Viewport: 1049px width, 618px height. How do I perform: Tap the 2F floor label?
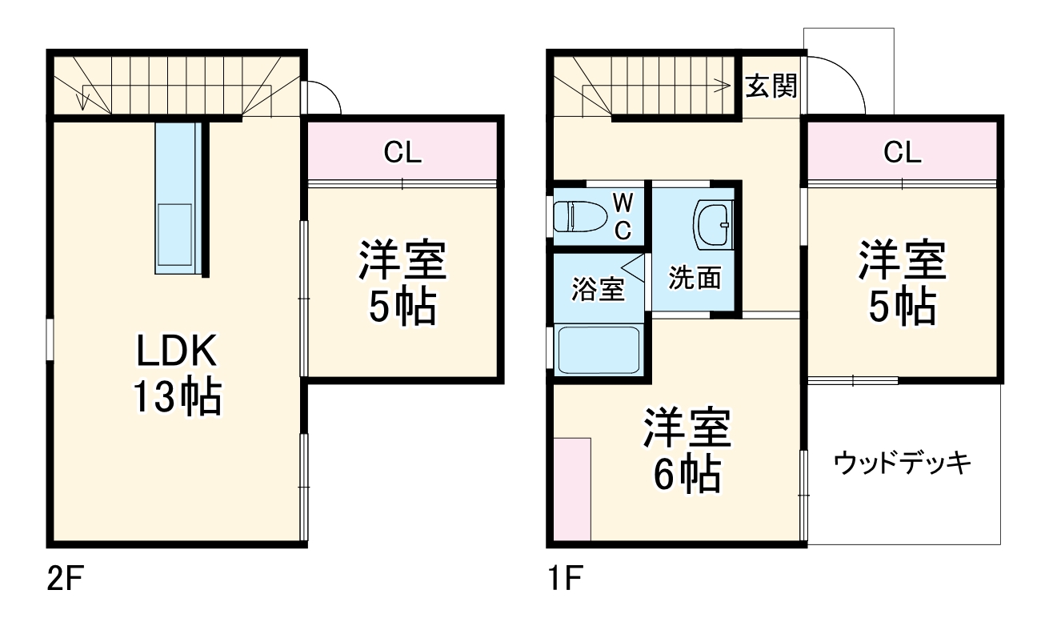(x=65, y=578)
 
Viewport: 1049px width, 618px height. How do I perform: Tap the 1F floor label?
(x=563, y=578)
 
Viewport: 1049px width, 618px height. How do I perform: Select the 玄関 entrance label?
(x=771, y=86)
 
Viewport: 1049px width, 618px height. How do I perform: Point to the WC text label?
(x=623, y=215)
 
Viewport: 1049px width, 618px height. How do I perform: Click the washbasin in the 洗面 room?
(x=712, y=224)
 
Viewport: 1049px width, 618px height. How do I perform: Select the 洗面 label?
(x=695, y=278)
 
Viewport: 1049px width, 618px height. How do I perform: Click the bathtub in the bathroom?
(x=599, y=349)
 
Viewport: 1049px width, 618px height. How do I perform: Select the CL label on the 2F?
(x=402, y=152)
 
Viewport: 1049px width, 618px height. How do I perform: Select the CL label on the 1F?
(x=902, y=152)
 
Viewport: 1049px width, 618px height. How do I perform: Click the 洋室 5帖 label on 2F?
(x=402, y=282)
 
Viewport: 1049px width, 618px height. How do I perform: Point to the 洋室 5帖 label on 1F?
(x=902, y=282)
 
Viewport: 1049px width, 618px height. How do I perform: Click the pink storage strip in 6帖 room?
(x=573, y=489)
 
